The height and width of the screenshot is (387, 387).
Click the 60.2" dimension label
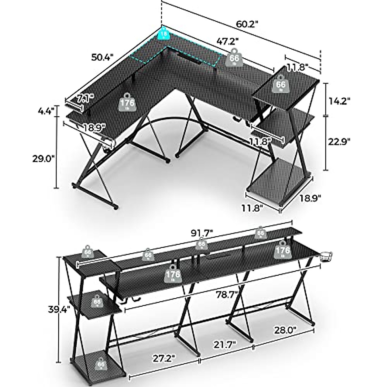tap(247, 24)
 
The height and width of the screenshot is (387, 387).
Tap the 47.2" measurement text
tap(227, 42)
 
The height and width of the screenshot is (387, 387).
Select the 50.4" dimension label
tap(102, 57)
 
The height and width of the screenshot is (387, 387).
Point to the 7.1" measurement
tap(85, 97)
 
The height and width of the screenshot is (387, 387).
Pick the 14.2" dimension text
tap(339, 100)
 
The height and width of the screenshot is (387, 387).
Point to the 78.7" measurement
tap(227, 294)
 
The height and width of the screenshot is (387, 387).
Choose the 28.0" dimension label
tap(285, 330)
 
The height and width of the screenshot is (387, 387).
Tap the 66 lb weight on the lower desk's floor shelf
tap(101, 364)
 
